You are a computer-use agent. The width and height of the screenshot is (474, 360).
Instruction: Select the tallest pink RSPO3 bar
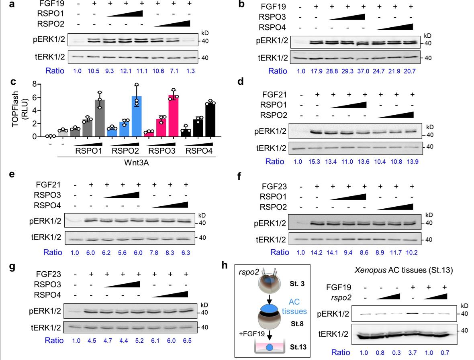174,116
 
